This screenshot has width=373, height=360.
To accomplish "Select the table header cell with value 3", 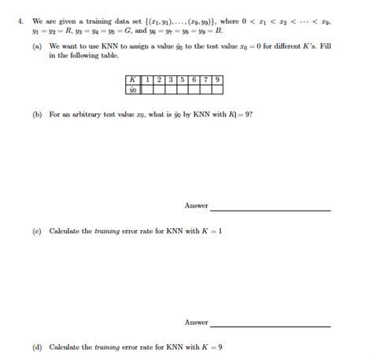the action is point(168,79).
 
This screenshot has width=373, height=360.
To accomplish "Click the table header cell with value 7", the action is point(205,79).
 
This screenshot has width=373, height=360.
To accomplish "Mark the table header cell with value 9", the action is point(216,79).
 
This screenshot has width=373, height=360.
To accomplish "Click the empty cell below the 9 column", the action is point(216,90).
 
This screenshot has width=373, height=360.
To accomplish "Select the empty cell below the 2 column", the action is point(158,90).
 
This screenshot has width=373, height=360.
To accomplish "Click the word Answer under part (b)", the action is point(196,206).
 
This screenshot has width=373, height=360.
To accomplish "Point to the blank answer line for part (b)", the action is point(270,209).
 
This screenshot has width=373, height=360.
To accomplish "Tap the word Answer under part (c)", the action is point(196,322).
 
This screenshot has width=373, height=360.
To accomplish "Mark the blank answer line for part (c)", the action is point(270,325).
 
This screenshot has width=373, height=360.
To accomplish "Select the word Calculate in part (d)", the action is point(66,347).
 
